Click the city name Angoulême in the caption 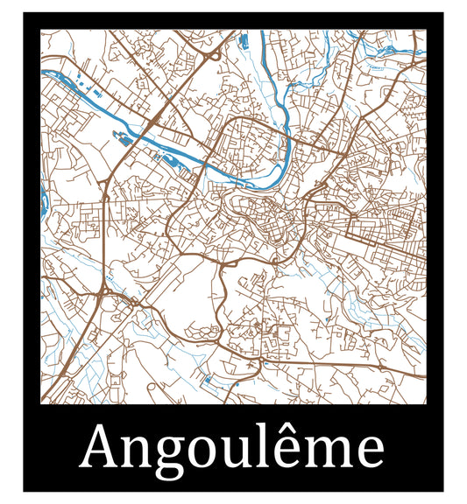click(x=233, y=448)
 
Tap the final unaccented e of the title click(x=371, y=451)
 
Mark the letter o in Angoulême click(x=206, y=451)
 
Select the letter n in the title click(x=140, y=451)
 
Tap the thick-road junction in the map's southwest click(x=104, y=290)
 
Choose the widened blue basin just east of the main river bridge click(x=165, y=157)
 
